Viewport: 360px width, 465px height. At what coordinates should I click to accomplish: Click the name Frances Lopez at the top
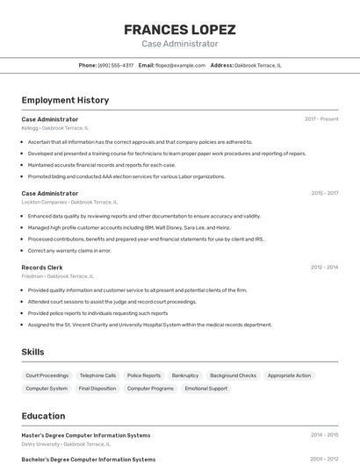click(x=179, y=30)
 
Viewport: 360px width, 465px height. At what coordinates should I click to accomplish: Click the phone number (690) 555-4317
click(x=116, y=65)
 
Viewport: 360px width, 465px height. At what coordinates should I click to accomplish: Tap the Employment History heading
click(x=65, y=100)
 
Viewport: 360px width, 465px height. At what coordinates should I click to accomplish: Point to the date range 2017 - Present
click(x=321, y=118)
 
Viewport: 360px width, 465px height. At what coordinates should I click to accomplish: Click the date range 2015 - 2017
click(x=324, y=193)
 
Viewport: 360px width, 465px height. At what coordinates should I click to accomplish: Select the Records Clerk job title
click(x=42, y=267)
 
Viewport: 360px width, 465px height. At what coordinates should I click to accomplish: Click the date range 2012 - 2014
click(x=324, y=267)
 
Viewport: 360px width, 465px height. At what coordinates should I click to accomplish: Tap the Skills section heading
click(x=33, y=352)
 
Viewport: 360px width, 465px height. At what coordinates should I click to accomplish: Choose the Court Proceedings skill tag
click(x=47, y=376)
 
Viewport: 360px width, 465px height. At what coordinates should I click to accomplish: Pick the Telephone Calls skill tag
click(x=97, y=376)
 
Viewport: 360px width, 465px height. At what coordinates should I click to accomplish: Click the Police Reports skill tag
click(x=144, y=376)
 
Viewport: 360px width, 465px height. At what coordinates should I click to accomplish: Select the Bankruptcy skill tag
click(x=185, y=376)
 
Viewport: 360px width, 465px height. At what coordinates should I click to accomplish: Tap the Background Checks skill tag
click(x=233, y=376)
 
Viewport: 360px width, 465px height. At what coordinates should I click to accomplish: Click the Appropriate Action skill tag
click(x=289, y=376)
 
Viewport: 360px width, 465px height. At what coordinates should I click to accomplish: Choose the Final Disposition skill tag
click(x=97, y=388)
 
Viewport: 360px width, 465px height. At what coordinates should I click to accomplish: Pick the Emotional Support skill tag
click(x=205, y=388)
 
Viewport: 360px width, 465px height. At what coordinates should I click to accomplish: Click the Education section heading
click(x=43, y=416)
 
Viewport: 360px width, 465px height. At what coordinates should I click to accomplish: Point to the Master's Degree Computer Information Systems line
click(x=86, y=434)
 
